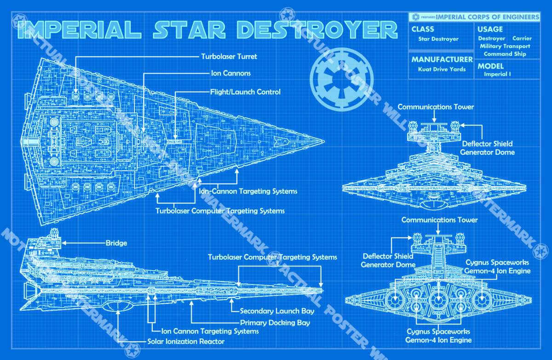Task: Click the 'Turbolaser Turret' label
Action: [x=229, y=57]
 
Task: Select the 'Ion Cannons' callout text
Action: [x=230, y=73]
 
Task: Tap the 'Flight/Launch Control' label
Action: [x=245, y=92]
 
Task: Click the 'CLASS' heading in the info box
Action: [x=423, y=29]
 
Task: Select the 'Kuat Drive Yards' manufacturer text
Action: [x=442, y=70]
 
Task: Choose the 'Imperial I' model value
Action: [x=497, y=74]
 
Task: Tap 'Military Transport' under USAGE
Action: [x=505, y=46]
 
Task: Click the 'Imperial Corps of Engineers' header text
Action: [x=487, y=17]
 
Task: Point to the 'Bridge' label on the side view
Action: [x=116, y=243]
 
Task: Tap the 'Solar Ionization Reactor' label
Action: [x=186, y=342]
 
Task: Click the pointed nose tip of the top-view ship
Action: [x=323, y=140]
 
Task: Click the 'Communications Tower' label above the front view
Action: [x=436, y=107]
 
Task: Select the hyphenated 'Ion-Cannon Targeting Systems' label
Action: [x=248, y=191]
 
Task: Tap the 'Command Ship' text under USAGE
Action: [x=505, y=54]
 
